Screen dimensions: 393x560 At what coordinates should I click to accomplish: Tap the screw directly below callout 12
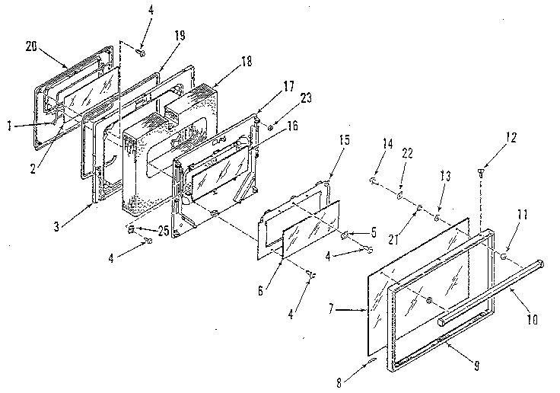click(x=482, y=174)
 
